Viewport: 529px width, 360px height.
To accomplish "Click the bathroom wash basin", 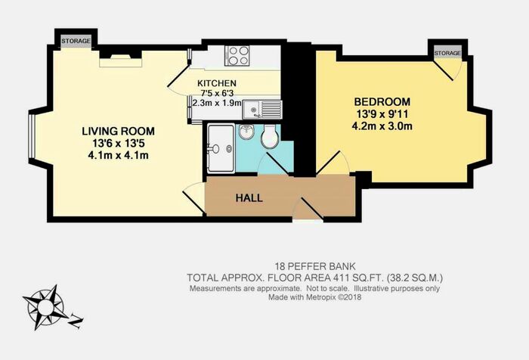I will [x=246, y=133].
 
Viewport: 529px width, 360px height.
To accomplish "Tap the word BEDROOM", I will [x=382, y=101].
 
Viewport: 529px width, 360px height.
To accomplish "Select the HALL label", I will [x=249, y=198].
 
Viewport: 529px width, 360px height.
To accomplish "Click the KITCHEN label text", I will [x=217, y=83].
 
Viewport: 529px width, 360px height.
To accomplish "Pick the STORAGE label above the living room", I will [x=76, y=41].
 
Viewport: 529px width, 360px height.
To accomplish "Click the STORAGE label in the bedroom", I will [x=447, y=53].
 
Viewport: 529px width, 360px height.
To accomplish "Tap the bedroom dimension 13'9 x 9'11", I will [x=382, y=113].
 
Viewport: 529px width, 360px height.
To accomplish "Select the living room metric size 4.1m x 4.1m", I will [x=116, y=156].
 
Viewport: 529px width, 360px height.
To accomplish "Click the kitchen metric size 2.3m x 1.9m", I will [x=217, y=103].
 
